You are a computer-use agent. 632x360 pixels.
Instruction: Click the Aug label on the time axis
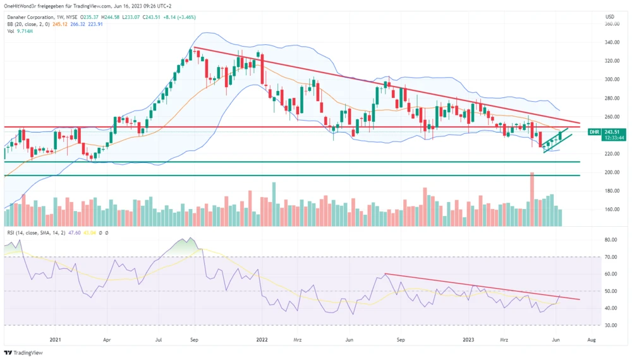coord(591,339)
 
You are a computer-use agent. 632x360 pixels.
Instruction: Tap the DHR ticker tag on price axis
coord(593,132)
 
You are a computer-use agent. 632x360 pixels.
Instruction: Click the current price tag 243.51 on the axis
coord(611,132)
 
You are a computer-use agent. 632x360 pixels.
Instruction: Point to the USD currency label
coord(609,16)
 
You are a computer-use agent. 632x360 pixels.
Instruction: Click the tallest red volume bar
coord(532,199)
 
